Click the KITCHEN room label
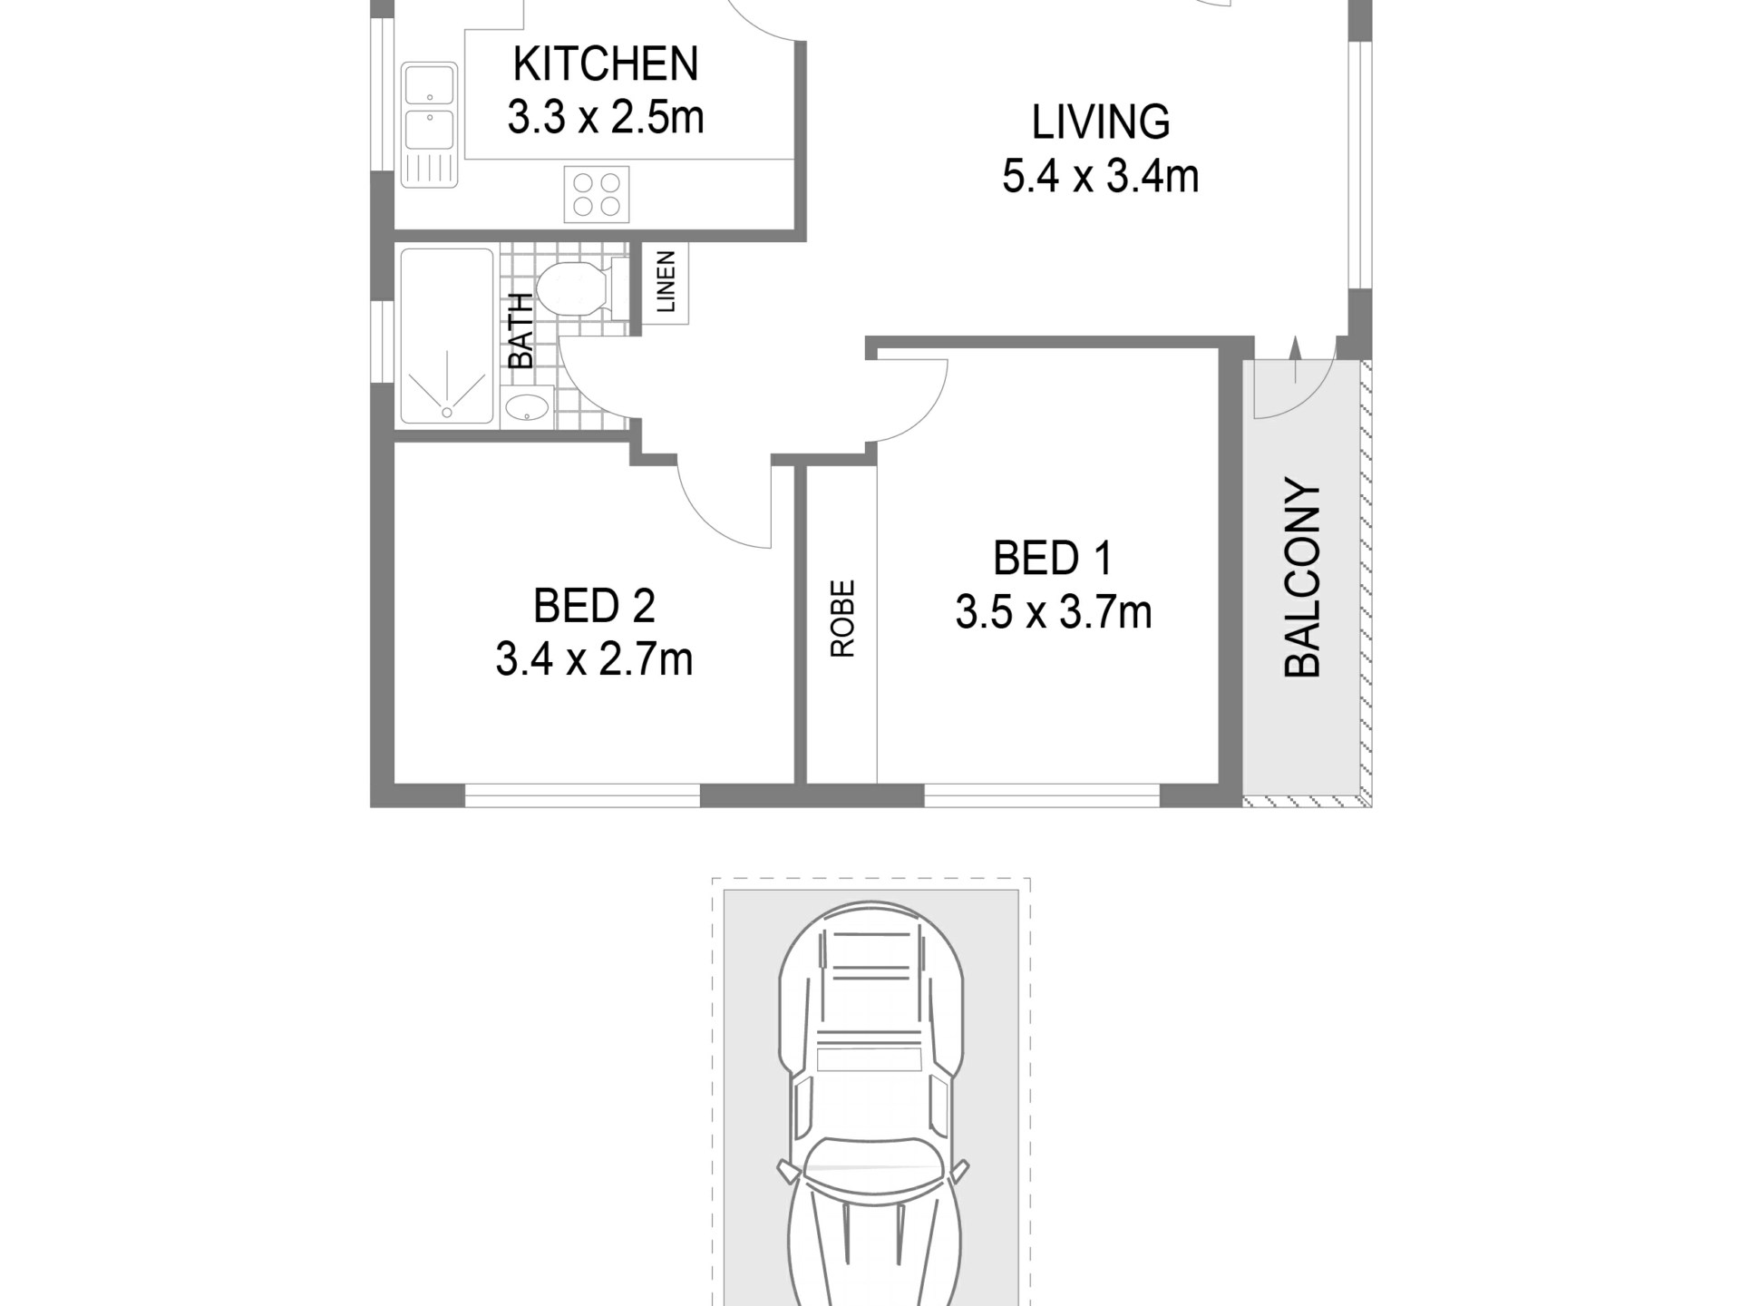tap(606, 64)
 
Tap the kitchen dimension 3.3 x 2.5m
tap(606, 118)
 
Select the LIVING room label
tap(1101, 122)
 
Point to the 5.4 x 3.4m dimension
tap(1101, 176)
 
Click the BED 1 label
tap(1053, 559)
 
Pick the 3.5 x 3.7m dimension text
tap(1054, 613)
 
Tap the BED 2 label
tap(594, 607)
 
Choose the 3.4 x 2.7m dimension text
tap(594, 660)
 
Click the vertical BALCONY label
tap(1303, 578)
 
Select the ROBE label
tap(842, 619)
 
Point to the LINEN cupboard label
tap(666, 282)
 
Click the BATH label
tap(520, 331)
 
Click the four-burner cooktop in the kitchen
tap(597, 194)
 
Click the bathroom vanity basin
tap(527, 407)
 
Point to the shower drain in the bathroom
tap(447, 413)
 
